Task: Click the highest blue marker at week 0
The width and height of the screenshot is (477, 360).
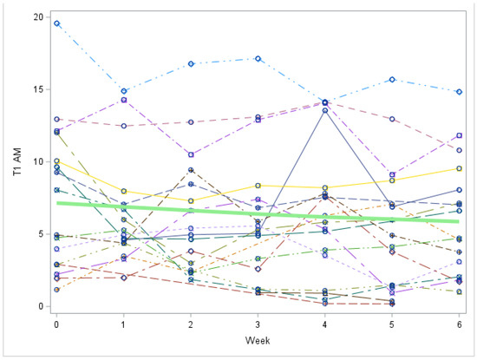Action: coord(56,23)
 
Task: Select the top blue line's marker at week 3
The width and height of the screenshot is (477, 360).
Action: coord(258,58)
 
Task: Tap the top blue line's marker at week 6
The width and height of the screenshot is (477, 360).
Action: coord(459,92)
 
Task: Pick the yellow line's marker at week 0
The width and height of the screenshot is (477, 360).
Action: coord(56,161)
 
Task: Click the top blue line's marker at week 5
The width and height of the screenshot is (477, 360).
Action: coord(392,80)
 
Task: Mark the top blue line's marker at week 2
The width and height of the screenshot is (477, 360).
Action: coord(191,63)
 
